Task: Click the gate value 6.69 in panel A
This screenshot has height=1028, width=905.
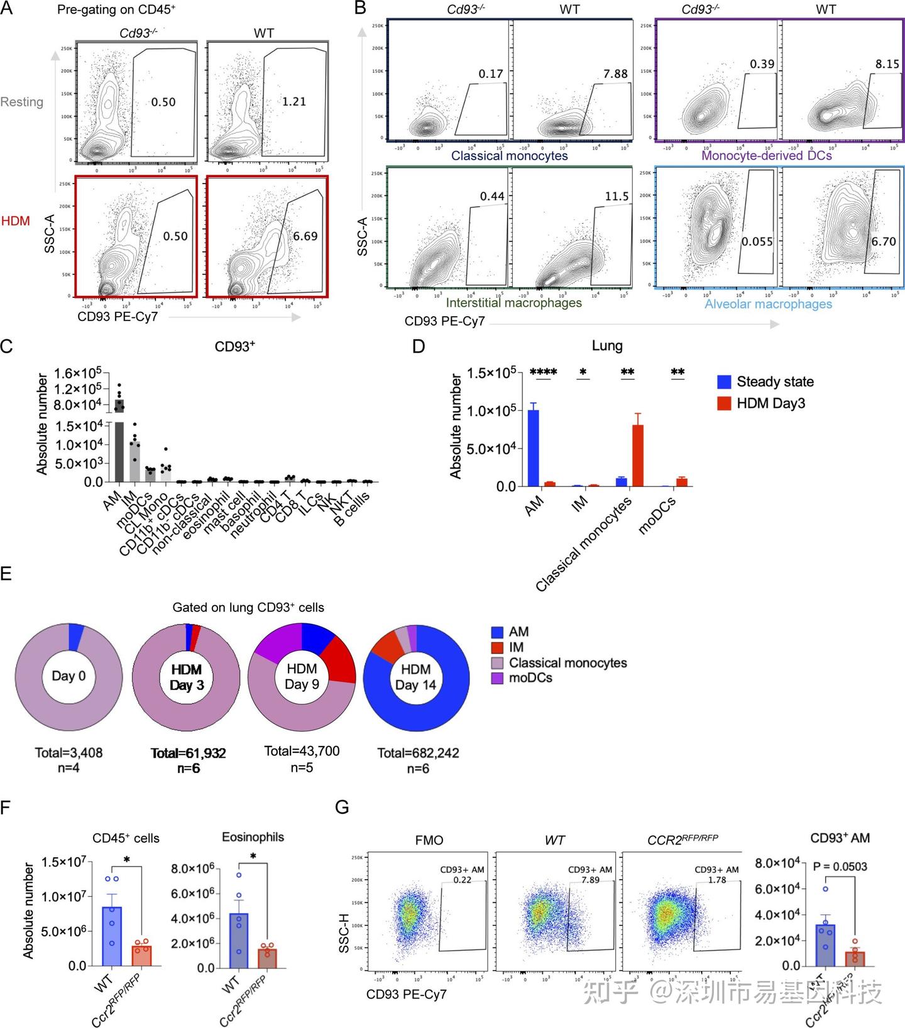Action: coord(305,236)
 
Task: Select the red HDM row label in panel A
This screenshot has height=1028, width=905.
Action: coord(16,221)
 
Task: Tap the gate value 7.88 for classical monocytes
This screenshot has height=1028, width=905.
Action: coord(615,74)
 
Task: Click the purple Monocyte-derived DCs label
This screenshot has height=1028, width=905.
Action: coord(766,155)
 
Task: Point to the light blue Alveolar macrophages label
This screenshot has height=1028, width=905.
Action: coord(768,304)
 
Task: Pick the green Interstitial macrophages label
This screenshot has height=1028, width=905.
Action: coord(513,303)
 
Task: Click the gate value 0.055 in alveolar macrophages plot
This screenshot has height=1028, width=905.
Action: coord(757,242)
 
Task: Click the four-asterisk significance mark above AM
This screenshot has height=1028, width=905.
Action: coord(544,372)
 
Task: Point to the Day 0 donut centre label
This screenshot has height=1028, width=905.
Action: coord(69,676)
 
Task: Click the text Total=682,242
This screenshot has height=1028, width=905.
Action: coord(418,753)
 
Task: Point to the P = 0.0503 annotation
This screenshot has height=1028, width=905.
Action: coord(840,867)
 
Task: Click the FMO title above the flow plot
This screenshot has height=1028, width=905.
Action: coord(429,840)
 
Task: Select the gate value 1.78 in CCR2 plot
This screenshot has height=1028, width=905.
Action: coord(717,880)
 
